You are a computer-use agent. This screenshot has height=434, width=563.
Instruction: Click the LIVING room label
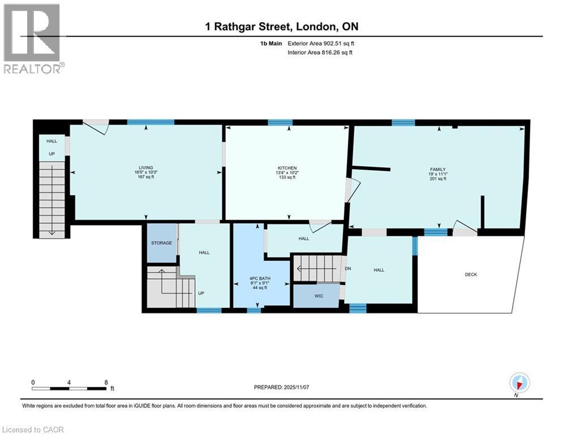coord(146,168)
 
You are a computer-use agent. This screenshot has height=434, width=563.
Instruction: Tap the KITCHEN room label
coord(287,168)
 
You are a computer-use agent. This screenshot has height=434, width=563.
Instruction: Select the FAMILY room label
coord(438,170)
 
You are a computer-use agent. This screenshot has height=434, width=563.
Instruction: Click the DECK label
coord(471,275)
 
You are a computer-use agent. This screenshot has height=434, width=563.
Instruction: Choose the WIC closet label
coord(319,296)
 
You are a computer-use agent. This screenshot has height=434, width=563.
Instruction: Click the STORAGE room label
coord(161,243)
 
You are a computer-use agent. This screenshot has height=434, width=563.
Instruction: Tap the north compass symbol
coord(519,383)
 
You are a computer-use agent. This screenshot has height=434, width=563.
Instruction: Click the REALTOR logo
coord(32,38)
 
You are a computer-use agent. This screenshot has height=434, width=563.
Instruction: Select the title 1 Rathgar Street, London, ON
coord(281,27)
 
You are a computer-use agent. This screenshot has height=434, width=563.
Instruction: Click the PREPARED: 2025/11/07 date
coord(281,387)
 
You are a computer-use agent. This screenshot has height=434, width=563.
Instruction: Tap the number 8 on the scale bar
coord(106,382)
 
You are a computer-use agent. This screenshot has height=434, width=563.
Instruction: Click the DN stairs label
coord(348,268)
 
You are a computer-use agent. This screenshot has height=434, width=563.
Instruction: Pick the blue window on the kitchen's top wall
coord(280,123)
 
